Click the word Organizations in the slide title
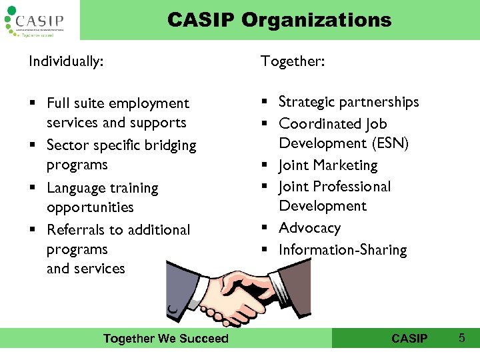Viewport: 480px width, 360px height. click(316, 20)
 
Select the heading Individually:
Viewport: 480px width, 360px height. click(66, 62)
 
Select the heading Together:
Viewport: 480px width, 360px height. click(293, 62)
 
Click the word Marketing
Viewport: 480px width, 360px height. click(346, 165)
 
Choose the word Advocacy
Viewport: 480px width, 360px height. click(309, 228)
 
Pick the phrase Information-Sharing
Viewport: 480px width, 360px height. click(343, 250)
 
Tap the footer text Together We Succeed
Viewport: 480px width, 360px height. click(165, 339)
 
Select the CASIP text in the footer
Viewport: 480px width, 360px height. click(409, 339)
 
